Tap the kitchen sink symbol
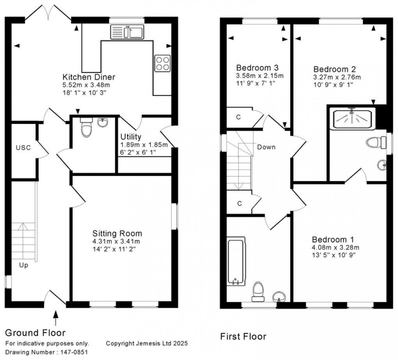pyautogui.click(x=128, y=32)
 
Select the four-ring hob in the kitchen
pyautogui.click(x=162, y=63)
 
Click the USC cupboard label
pyautogui.click(x=23, y=147)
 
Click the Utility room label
pyautogui.click(x=131, y=137)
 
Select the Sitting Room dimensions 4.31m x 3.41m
pyautogui.click(x=116, y=241)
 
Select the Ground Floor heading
pyautogui.click(x=35, y=333)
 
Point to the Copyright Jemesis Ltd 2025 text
pyautogui.click(x=147, y=344)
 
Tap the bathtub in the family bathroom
pyautogui.click(x=236, y=262)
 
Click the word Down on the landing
pyautogui.click(x=266, y=147)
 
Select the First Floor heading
pyautogui.click(x=243, y=336)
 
